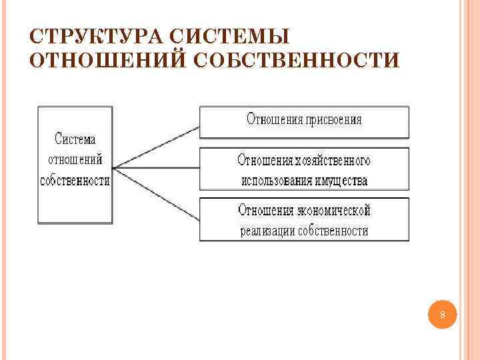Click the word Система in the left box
pyautogui.click(x=75, y=139)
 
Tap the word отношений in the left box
pyautogui.click(x=75, y=160)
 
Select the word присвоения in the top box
pyautogui.click(x=334, y=120)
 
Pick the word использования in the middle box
pyautogui.click(x=273, y=181)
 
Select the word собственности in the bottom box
pyautogui.click(x=333, y=231)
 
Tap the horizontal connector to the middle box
pyautogui.click(x=157, y=167)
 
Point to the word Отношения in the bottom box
pyautogui.click(x=266, y=211)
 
